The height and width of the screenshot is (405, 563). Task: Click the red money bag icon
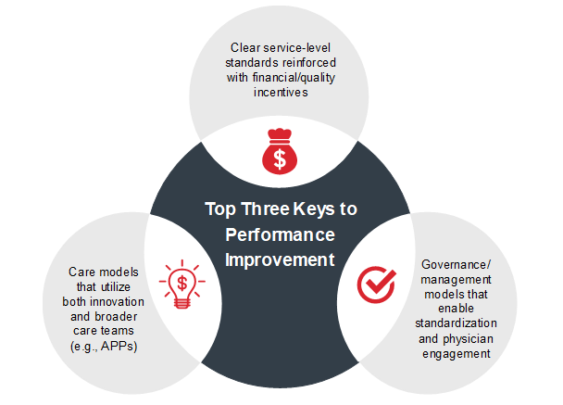280,151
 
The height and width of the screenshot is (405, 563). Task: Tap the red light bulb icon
182,284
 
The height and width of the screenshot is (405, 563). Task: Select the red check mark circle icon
376,285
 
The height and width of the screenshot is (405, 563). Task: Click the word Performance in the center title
280,235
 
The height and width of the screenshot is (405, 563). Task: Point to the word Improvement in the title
280,259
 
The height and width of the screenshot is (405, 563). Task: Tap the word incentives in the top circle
281,93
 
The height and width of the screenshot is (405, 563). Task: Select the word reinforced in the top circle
309,62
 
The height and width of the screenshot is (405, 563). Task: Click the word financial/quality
294,78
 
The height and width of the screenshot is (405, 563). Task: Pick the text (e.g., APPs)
104,347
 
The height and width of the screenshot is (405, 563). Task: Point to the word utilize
115,286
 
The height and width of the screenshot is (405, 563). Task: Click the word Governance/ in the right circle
456,265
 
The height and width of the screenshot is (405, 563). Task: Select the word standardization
456,323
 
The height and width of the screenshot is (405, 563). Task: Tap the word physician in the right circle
468,339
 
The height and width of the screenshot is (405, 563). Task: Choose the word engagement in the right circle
457,354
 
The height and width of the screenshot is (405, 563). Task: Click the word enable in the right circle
456,309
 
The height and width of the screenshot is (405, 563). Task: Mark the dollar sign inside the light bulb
182,284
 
